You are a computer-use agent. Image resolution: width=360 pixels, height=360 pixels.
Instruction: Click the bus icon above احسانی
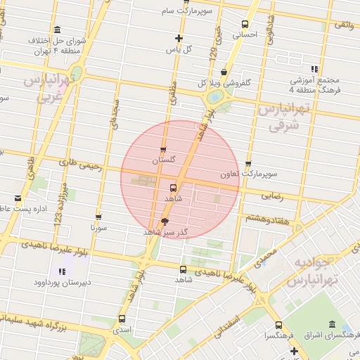(245, 23)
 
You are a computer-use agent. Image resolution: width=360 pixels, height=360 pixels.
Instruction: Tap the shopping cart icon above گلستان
(164, 150)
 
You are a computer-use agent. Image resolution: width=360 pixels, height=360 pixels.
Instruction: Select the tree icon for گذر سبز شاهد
(165, 221)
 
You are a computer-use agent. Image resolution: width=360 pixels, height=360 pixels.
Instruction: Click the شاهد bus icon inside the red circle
(173, 188)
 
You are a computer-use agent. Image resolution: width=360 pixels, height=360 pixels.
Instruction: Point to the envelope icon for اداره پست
(18, 198)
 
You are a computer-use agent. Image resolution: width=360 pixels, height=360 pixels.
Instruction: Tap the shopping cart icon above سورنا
(98, 217)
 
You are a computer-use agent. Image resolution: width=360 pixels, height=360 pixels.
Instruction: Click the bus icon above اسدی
(121, 319)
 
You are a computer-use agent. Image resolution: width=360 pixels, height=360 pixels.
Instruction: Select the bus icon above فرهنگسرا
(278, 326)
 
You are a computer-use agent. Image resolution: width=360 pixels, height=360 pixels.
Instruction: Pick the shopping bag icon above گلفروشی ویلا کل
(224, 71)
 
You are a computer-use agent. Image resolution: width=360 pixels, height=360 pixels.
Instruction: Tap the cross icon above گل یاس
(179, 38)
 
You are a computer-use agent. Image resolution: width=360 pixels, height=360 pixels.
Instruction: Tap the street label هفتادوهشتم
(264, 218)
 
